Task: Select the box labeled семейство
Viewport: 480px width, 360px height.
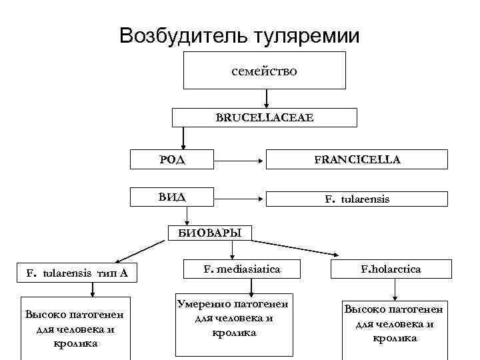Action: (x=265, y=70)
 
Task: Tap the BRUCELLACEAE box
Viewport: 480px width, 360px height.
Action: (x=265, y=117)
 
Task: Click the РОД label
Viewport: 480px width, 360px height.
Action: (x=172, y=160)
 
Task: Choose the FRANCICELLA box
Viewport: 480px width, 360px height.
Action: (x=357, y=159)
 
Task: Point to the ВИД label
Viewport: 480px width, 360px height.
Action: (x=172, y=197)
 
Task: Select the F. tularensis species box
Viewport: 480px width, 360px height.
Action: (x=357, y=199)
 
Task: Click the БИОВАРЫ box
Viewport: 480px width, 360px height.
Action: (x=210, y=233)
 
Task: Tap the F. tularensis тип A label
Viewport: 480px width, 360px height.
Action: (x=77, y=273)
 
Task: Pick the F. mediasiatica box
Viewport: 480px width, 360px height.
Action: (x=242, y=269)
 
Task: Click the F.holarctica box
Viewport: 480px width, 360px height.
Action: (x=391, y=269)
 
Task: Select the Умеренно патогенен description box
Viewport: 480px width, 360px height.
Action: (x=234, y=323)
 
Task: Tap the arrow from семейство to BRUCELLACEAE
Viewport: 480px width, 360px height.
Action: (x=266, y=98)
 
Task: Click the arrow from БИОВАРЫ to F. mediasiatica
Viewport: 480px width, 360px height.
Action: (x=232, y=249)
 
